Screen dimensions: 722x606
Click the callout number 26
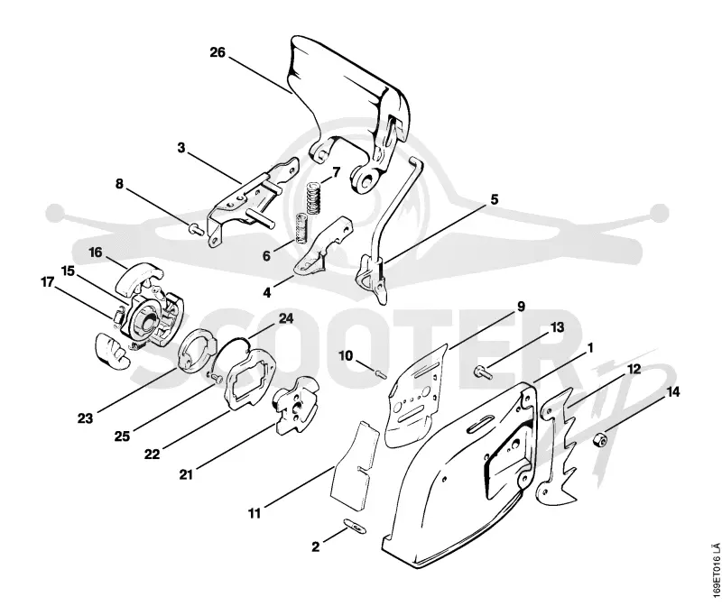(218, 52)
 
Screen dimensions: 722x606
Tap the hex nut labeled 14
(600, 440)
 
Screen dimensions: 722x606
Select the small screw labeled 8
(196, 228)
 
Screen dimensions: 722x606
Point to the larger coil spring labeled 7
(313, 198)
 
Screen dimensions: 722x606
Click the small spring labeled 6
(301, 228)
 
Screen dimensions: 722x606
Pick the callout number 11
(255, 513)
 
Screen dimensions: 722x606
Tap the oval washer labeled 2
(355, 526)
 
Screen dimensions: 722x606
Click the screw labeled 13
(483, 372)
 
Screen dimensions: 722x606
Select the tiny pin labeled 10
(381, 373)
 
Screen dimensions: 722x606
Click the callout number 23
(85, 418)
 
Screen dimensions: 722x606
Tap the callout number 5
(494, 199)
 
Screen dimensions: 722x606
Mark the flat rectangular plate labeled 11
(354, 464)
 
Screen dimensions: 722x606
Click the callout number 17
(48, 281)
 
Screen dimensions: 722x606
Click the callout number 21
(186, 473)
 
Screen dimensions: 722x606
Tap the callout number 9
(521, 307)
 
